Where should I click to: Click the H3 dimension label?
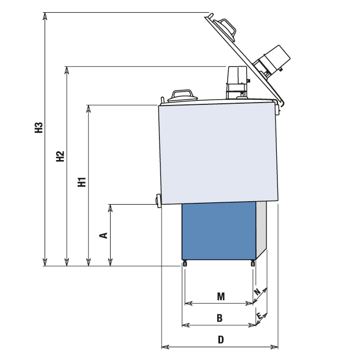click(x=39, y=128)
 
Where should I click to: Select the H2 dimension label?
click(x=60, y=157)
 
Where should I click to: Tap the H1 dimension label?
click(x=82, y=182)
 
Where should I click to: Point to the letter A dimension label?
click(x=104, y=235)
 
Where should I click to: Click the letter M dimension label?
click(x=221, y=296)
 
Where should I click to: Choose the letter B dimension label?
click(x=220, y=318)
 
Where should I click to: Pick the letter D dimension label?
click(x=221, y=340)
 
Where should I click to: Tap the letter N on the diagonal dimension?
click(x=257, y=292)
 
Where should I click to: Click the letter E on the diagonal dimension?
click(x=259, y=315)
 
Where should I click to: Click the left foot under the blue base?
click(x=185, y=263)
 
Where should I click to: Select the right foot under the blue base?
click(x=253, y=263)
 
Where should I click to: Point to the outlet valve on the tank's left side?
click(x=159, y=201)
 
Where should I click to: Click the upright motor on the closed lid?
click(x=237, y=82)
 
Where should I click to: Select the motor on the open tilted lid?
click(x=272, y=61)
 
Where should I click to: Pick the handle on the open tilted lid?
click(x=225, y=29)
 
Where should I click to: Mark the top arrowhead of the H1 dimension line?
click(x=89, y=108)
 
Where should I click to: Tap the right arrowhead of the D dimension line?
click(x=275, y=347)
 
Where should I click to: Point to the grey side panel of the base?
click(x=261, y=230)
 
